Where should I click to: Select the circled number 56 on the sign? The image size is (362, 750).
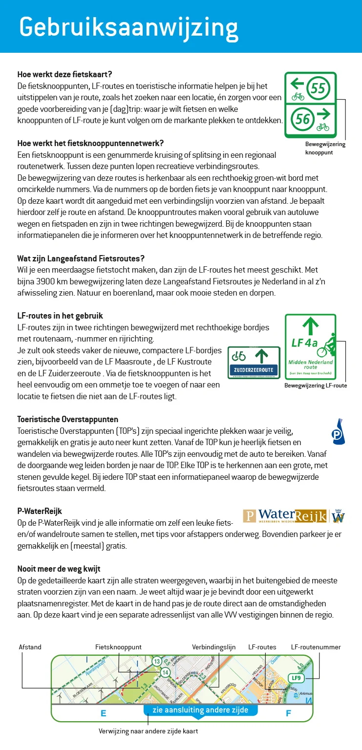pyautogui.click(x=303, y=119)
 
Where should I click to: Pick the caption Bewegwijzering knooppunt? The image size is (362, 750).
pyautogui.click(x=325, y=148)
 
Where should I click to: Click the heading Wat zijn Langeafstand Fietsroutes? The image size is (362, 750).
pyautogui.click(x=81, y=258)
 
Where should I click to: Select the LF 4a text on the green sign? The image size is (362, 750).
pyautogui.click(x=304, y=343)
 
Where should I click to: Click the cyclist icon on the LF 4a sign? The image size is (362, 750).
pyautogui.click(x=326, y=345)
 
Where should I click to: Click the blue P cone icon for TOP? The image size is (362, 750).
pyautogui.click(x=338, y=432)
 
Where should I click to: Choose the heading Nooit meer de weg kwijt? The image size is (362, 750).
pyautogui.click(x=59, y=569)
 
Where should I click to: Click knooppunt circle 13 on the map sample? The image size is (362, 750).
pyautogui.click(x=156, y=662)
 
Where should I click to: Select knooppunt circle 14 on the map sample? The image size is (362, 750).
pyautogui.click(x=165, y=672)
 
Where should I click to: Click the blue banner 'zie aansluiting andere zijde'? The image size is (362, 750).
pyautogui.click(x=200, y=710)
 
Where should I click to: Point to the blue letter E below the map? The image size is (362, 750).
pyautogui.click(x=103, y=713)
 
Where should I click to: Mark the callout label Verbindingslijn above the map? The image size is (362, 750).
pyautogui.click(x=213, y=647)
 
